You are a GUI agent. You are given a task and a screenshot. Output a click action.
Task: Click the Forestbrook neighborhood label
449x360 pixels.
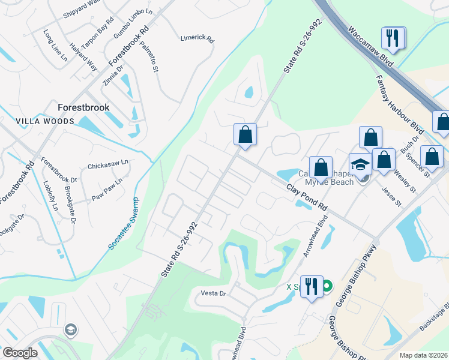pos(83,107)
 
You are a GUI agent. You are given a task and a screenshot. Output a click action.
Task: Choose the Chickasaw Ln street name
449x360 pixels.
pos(108,163)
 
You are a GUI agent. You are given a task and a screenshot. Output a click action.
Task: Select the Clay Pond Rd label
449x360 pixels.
pos(307,197)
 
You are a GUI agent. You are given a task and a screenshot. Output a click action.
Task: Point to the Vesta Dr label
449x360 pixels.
pos(213,293)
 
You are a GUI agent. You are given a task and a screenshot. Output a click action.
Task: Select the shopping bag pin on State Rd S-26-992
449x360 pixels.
pos(245,135)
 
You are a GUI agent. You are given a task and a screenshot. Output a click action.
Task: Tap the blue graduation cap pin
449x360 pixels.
pos(360,165)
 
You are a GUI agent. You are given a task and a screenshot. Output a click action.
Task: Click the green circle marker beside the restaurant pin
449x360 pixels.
pos(327,287)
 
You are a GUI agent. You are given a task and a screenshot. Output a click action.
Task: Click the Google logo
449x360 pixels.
pos(20,352)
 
